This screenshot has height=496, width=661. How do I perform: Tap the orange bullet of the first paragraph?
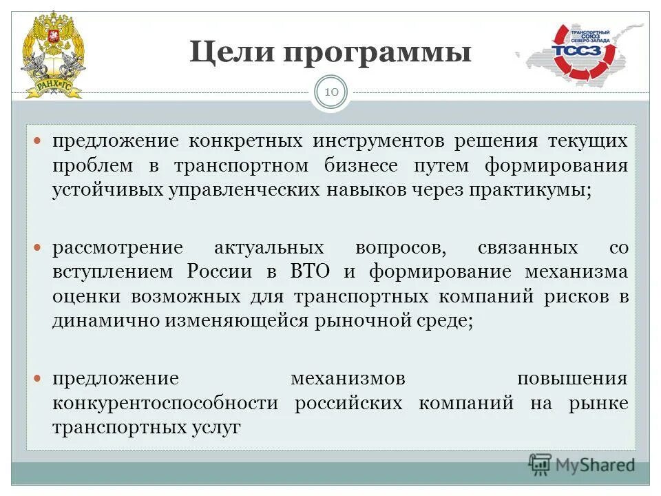coord(39,141)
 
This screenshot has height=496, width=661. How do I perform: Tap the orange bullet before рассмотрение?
coord(39,247)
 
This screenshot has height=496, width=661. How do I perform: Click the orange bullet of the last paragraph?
coord(39,378)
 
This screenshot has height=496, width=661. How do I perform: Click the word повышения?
coord(572,379)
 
